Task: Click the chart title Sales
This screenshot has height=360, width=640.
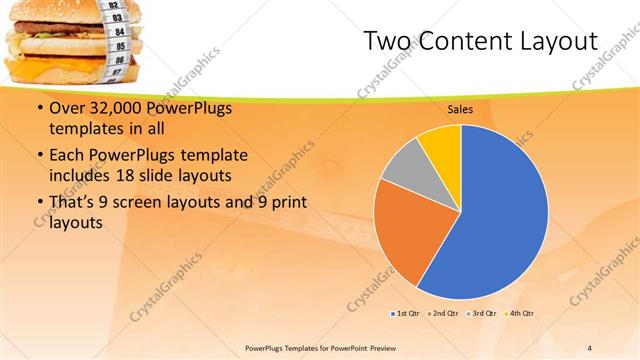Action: click(460, 109)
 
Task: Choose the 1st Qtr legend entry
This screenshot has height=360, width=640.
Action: click(405, 314)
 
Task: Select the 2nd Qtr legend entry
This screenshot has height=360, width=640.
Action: click(443, 314)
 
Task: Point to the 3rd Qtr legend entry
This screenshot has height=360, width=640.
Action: click(481, 314)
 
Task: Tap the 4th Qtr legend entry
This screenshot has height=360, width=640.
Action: click(518, 314)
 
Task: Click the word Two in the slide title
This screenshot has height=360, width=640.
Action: click(386, 41)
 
